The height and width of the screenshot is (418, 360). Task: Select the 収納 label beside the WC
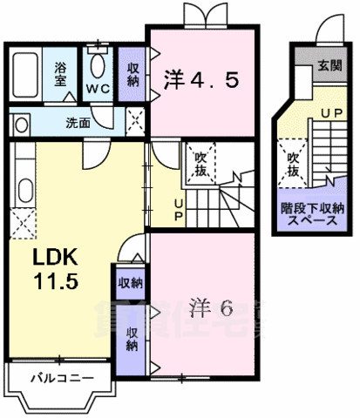click(x=133, y=75)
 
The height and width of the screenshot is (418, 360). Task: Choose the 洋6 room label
click(x=209, y=307)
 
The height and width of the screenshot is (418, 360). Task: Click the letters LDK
click(x=56, y=258)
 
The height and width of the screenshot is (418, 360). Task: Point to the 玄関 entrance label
click(x=330, y=65)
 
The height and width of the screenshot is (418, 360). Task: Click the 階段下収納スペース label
click(x=312, y=215)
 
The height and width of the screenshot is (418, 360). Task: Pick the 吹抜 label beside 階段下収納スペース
click(x=293, y=165)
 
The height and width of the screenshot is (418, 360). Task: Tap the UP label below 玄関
click(x=330, y=114)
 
